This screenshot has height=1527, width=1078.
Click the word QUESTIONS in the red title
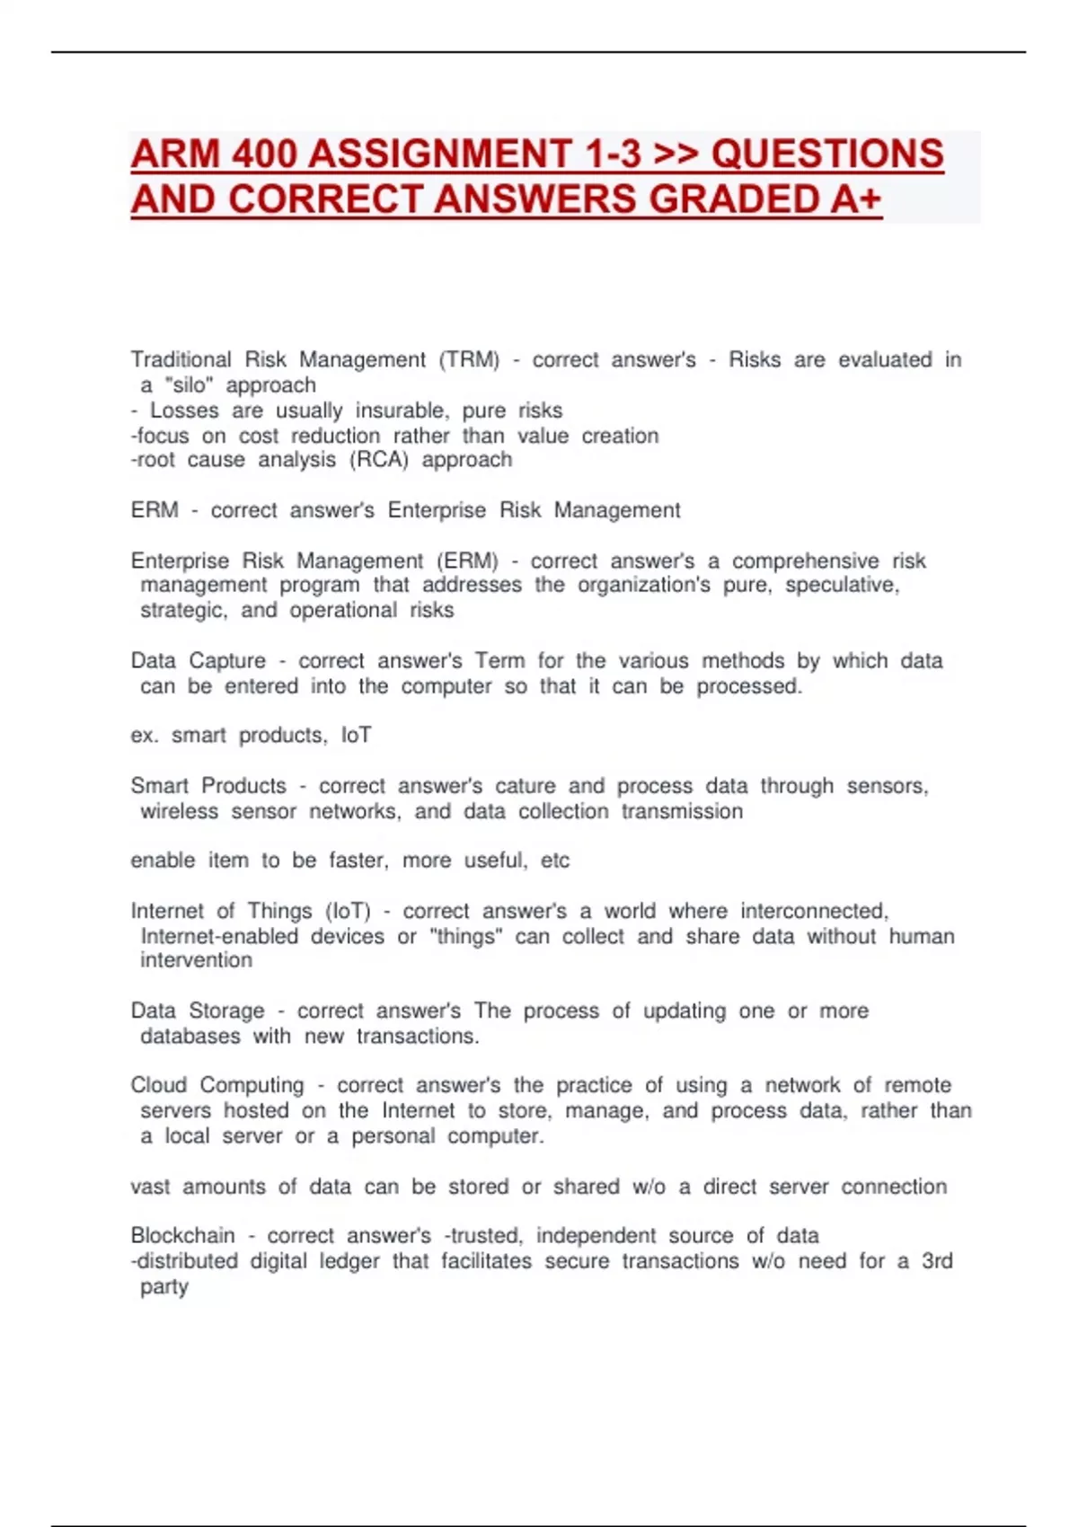(x=826, y=154)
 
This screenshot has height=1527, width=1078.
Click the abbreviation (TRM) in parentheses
(x=469, y=360)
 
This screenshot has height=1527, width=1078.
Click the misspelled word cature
(x=526, y=786)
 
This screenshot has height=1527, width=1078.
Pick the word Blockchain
(x=182, y=1236)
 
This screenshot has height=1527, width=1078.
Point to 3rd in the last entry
(x=937, y=1261)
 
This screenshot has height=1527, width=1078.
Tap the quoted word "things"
(x=466, y=936)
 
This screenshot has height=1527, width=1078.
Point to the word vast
(x=150, y=1187)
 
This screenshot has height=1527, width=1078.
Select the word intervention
(x=196, y=960)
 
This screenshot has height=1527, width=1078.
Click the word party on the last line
(x=164, y=1287)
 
